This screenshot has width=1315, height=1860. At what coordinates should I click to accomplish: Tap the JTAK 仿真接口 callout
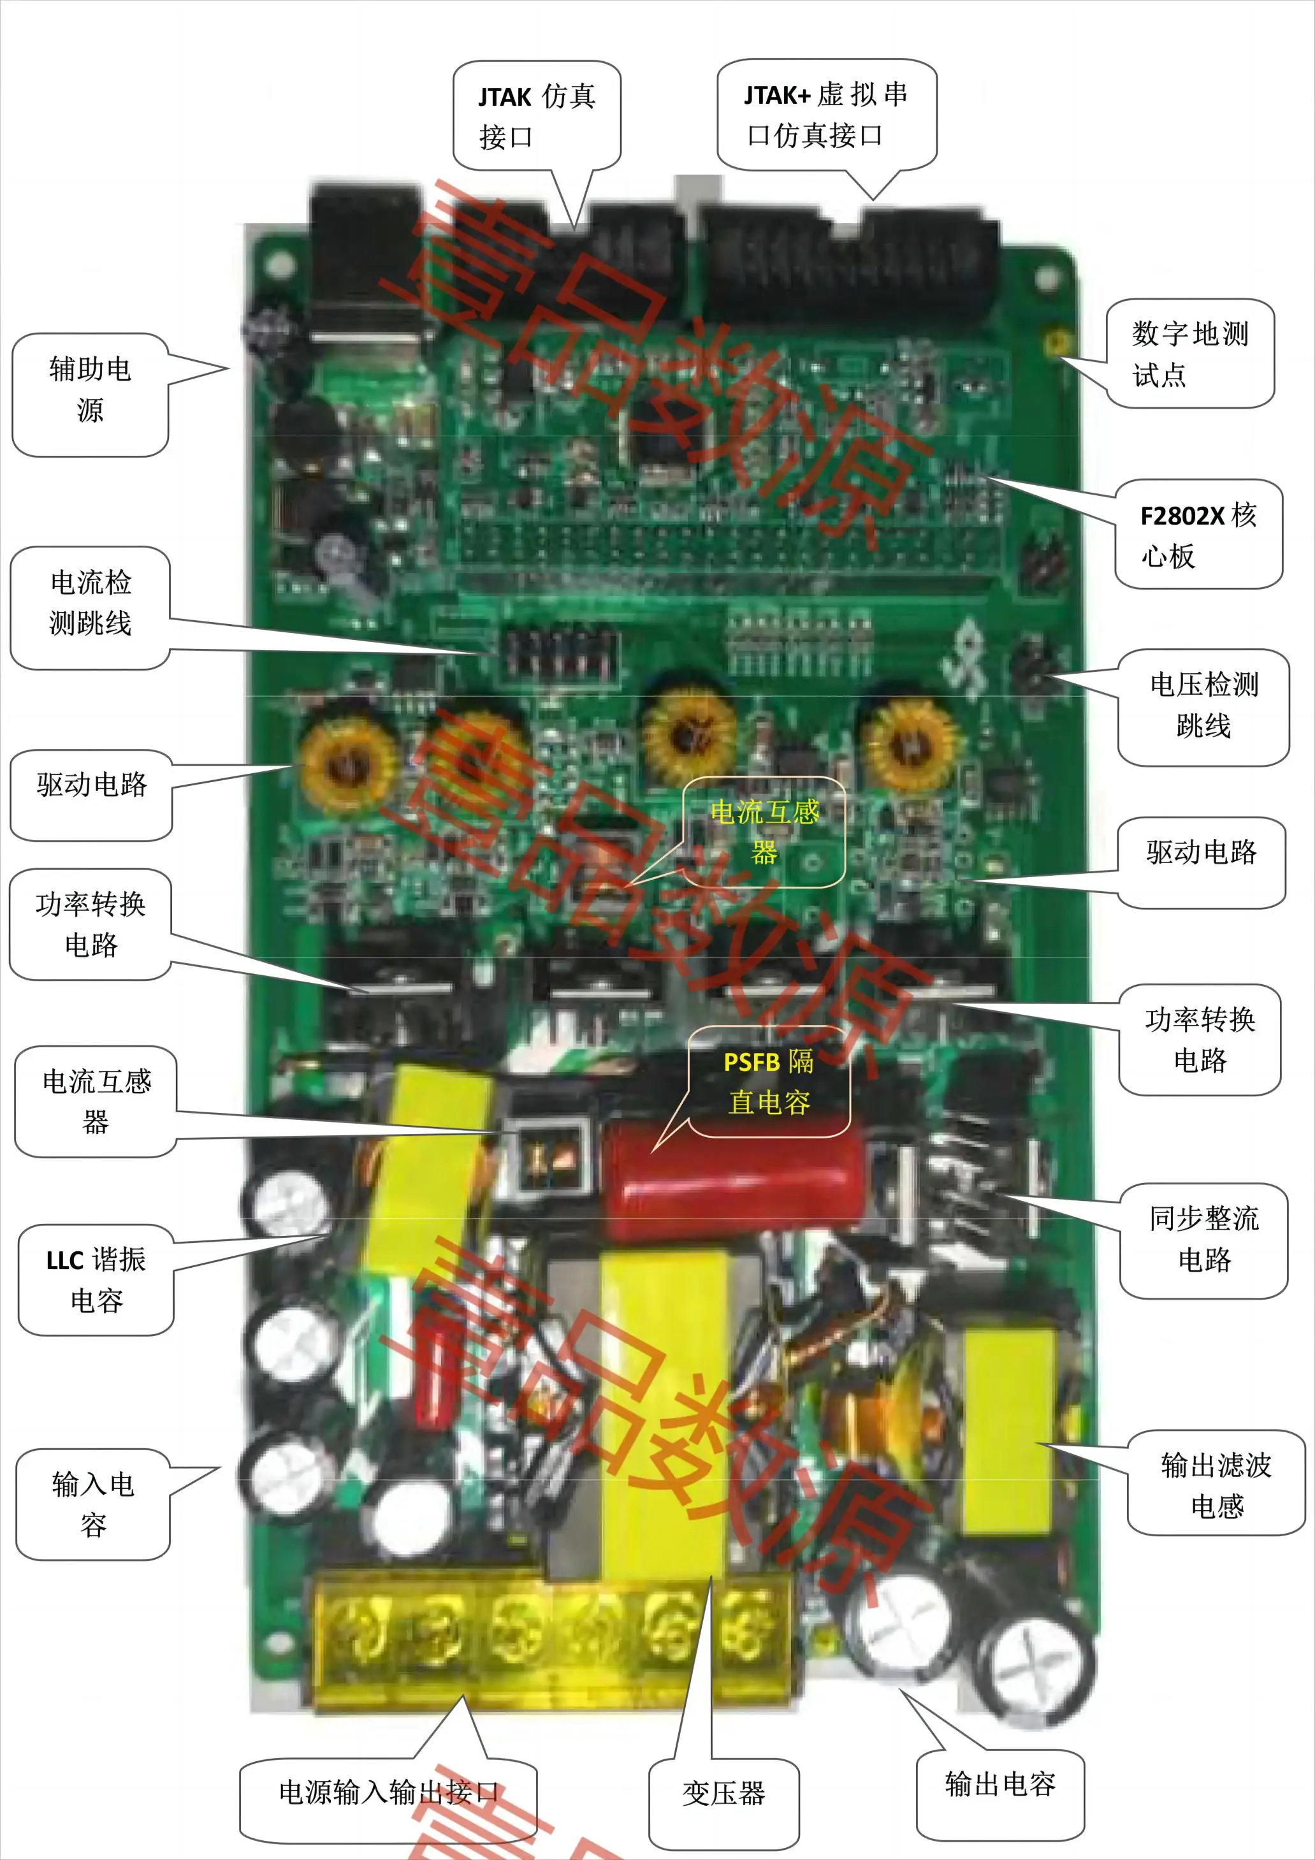536,116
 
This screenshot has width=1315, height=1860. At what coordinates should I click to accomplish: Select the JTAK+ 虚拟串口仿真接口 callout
827,115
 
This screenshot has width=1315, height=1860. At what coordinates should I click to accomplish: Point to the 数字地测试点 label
1189,353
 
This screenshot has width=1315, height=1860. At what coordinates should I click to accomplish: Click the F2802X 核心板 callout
1198,535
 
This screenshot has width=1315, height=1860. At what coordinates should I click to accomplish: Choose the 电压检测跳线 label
1203,706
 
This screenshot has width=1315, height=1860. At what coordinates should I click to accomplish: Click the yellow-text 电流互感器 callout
764,832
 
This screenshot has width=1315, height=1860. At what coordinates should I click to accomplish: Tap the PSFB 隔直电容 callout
769,1082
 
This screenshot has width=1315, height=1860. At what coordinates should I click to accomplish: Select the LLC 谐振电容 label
96,1280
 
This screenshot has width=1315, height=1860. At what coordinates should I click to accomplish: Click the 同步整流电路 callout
1203,1239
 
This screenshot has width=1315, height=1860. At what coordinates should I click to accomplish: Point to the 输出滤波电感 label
1216,1485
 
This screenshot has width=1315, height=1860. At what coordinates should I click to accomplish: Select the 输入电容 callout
92,1504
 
